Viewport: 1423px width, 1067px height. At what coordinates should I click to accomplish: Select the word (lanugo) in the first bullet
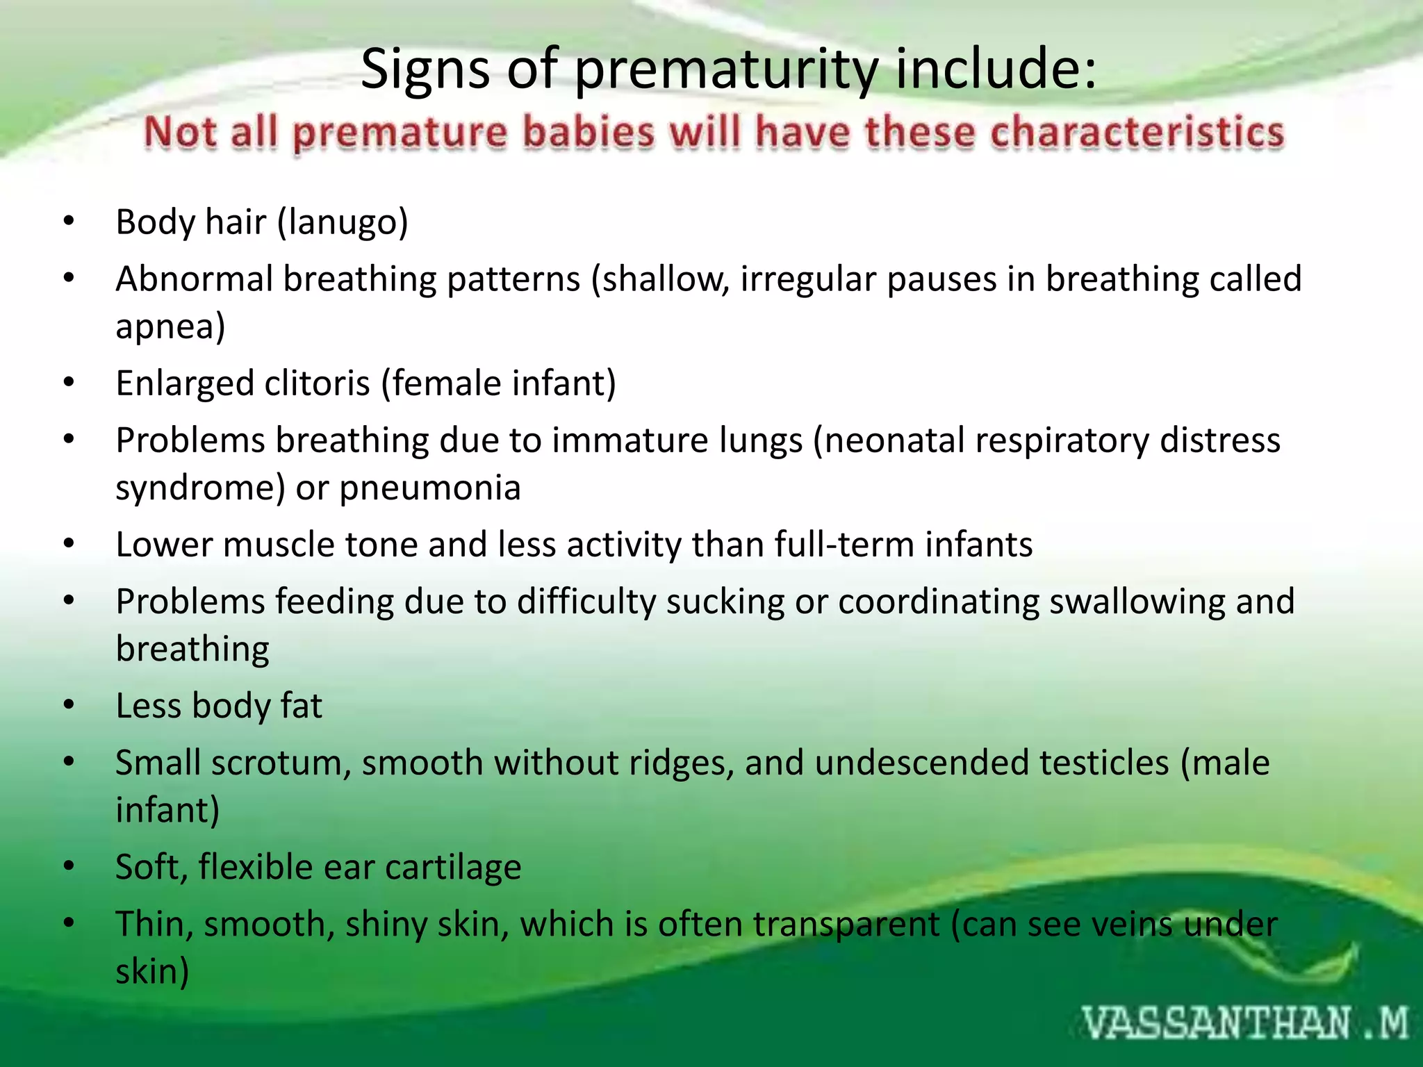(343, 222)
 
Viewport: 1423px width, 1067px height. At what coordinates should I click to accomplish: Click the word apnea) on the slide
(170, 326)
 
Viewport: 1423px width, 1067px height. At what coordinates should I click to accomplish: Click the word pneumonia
(430, 488)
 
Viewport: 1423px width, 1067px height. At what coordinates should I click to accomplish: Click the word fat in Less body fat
(301, 706)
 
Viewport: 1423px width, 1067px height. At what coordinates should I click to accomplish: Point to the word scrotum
(281, 763)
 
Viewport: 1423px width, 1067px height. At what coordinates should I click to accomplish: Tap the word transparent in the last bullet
(846, 924)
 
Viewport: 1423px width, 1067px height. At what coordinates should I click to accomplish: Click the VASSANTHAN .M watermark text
(1244, 1024)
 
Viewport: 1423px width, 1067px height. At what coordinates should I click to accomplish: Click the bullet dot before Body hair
(68, 222)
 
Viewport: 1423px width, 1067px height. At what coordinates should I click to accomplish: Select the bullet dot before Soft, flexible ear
(68, 866)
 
